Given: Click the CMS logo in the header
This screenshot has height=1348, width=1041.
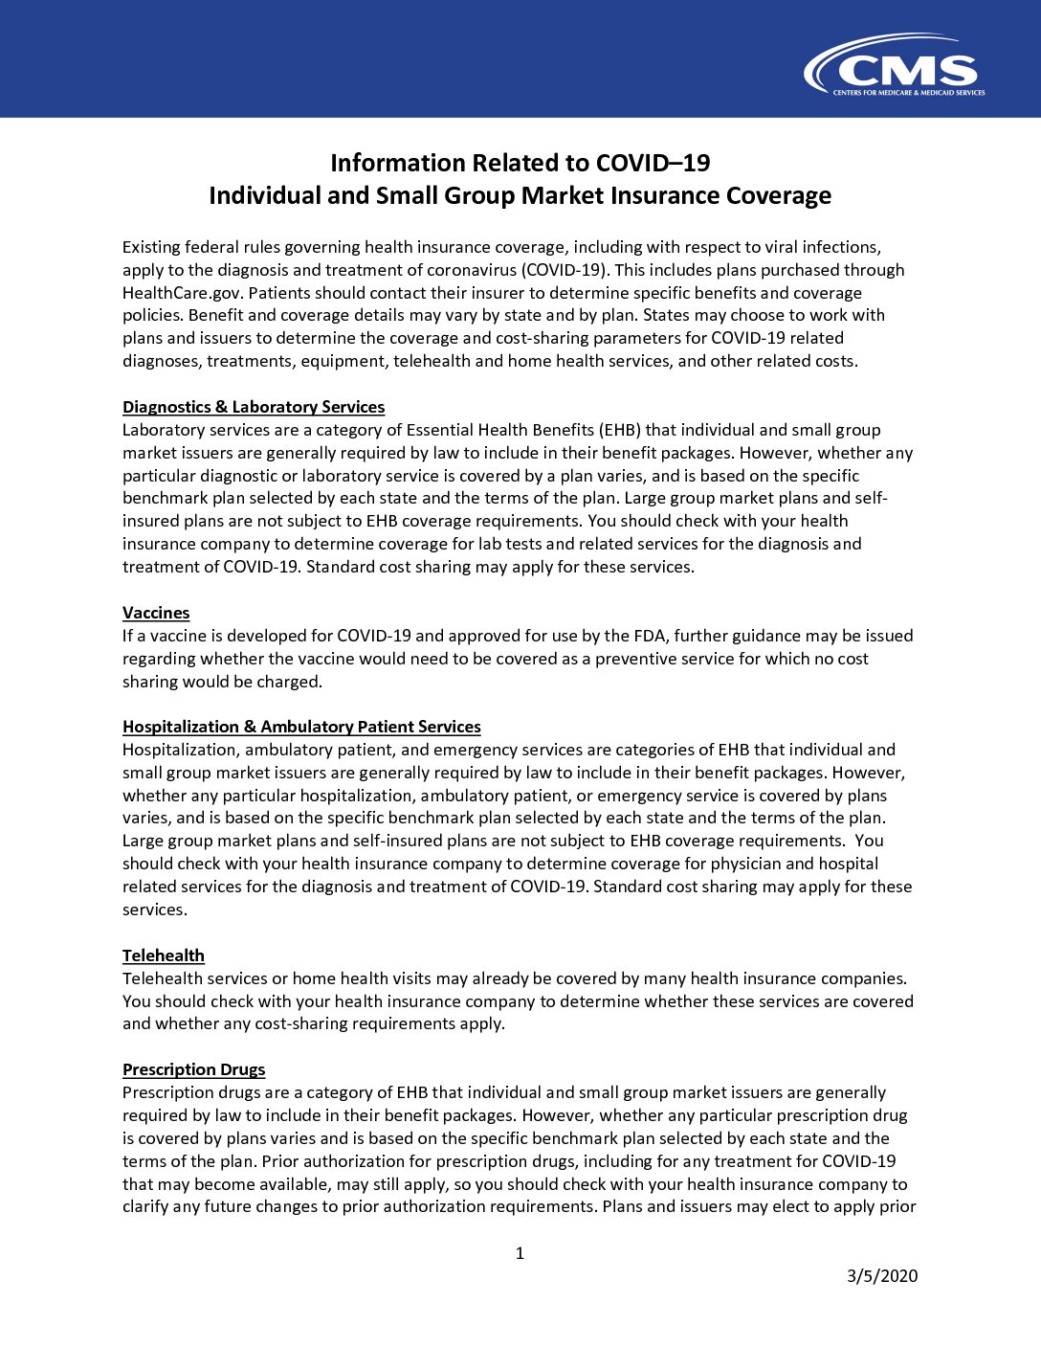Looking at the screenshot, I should point(895,67).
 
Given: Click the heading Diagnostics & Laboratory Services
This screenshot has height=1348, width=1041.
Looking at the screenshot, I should point(254,407).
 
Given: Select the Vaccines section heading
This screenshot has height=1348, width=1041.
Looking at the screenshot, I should point(156,613).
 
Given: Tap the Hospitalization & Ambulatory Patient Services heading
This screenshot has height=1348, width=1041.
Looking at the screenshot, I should point(301,727).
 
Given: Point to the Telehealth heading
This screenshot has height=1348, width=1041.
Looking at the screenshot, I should point(164,955).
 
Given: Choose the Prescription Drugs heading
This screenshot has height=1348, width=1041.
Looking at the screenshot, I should point(193,1069).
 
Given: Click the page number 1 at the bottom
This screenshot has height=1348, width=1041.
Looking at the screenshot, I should point(520,1253).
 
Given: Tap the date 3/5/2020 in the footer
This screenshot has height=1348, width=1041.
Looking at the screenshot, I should point(882,1275).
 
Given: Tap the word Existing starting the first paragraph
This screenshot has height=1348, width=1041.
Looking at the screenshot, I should point(150,247).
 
